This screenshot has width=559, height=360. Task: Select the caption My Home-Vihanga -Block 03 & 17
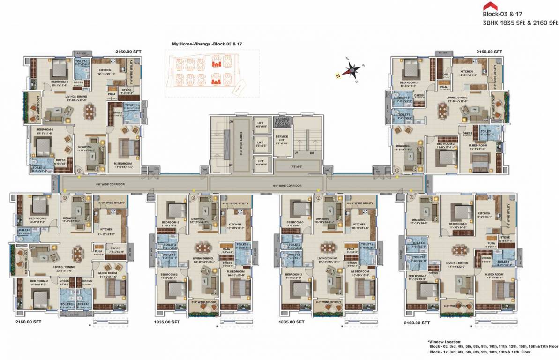click(x=209, y=44)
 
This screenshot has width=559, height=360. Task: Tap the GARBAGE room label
click(x=284, y=119)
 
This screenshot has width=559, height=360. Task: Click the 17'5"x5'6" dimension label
click(x=298, y=166)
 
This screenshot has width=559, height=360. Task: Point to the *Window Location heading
click(x=444, y=342)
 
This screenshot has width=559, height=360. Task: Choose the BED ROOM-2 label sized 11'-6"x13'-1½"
click(x=446, y=145)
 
